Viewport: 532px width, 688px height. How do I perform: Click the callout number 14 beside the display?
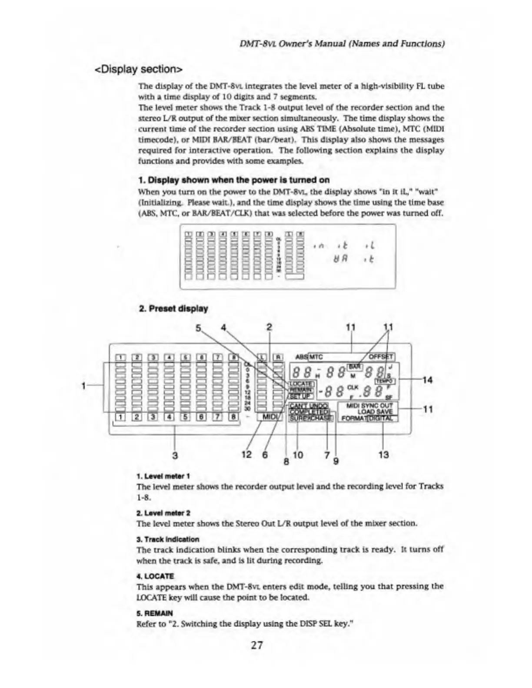(427, 380)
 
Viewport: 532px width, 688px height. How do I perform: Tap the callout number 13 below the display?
(383, 455)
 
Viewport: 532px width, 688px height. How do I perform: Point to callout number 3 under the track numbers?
(175, 456)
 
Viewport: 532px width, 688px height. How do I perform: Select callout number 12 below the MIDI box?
(246, 455)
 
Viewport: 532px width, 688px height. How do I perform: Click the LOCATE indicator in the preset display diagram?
(300, 384)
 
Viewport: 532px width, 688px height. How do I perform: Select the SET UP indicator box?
(299, 396)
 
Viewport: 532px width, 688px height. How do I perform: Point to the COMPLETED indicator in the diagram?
(309, 412)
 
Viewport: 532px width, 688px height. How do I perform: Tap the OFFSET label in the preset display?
(381, 357)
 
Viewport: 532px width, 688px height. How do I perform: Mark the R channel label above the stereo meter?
(278, 357)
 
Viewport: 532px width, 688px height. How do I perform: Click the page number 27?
(257, 645)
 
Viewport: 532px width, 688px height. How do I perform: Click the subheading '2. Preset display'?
(173, 309)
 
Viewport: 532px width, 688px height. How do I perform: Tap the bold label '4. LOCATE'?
(155, 576)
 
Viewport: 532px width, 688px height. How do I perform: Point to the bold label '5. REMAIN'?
(155, 613)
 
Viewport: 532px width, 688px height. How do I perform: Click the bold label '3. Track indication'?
(168, 539)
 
